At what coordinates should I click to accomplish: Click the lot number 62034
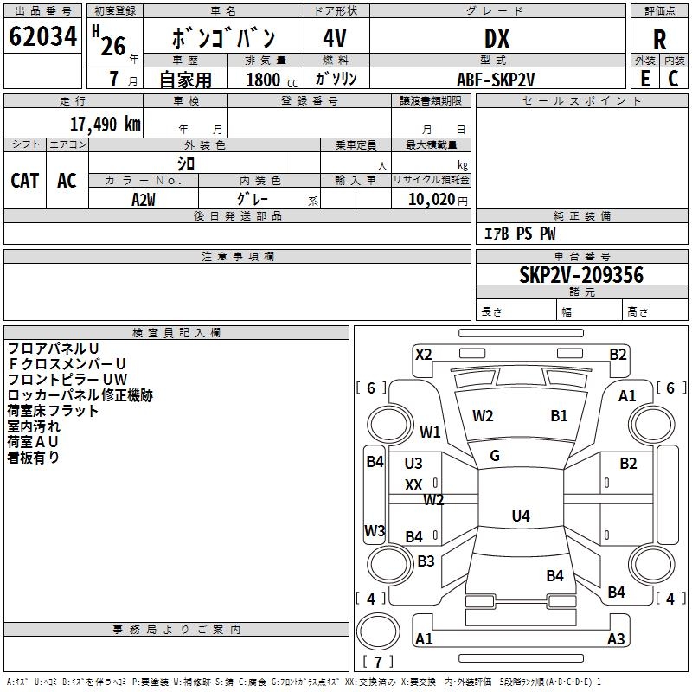42,37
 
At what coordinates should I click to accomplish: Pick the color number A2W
144,200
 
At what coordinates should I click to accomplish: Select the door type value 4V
336,39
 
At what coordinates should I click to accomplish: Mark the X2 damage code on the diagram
423,354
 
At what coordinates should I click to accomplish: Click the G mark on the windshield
495,456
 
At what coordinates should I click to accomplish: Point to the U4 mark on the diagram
520,516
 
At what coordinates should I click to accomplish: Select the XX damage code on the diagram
413,485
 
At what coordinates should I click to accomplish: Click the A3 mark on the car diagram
616,639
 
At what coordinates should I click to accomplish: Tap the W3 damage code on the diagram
375,530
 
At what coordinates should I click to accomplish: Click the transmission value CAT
24,180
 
